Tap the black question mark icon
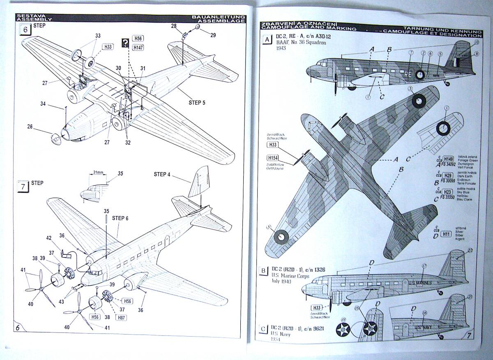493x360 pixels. (x=124, y=42)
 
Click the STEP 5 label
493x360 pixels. (x=198, y=103)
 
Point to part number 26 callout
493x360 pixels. (x=30, y=127)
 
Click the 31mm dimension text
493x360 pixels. (x=97, y=172)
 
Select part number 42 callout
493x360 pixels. (x=48, y=238)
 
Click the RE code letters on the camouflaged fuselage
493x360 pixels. (x=408, y=74)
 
